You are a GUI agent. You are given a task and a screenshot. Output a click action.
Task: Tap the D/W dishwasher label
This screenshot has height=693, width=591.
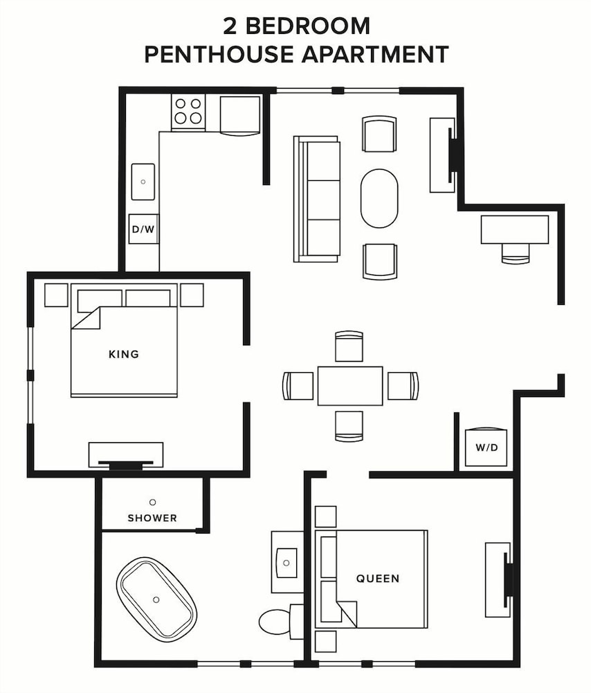point(143,229)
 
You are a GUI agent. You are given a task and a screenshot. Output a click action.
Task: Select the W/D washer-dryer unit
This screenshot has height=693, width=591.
point(486,446)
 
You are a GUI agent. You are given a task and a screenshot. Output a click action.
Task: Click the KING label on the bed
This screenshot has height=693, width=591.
point(124,354)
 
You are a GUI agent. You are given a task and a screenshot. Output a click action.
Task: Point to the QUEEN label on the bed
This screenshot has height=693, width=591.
point(378,578)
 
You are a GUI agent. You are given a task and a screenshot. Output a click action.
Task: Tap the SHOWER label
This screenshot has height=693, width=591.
point(152,518)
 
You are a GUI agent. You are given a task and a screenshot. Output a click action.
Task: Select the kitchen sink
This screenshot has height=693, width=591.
point(143,182)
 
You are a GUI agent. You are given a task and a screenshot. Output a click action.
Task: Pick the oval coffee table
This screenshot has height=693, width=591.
point(379,198)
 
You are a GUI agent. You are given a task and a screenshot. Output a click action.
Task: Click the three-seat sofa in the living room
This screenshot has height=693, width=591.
point(317,199)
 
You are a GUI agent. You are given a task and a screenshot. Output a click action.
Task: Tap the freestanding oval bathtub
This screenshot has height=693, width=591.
point(156,599)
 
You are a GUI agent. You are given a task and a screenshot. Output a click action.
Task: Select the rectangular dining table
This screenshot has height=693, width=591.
point(350,386)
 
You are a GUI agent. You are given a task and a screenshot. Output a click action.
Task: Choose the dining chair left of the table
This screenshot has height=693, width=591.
point(298,386)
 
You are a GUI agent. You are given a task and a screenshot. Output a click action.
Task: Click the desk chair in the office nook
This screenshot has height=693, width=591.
point(516,254)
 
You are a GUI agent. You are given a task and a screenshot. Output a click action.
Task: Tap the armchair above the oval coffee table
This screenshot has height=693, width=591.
point(379,134)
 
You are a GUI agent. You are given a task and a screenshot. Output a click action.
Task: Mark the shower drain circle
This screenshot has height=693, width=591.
point(153,502)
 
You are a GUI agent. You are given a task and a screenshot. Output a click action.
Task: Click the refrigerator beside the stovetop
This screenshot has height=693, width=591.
point(239,115)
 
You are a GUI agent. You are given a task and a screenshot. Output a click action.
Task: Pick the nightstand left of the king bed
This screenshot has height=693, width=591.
point(56,295)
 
